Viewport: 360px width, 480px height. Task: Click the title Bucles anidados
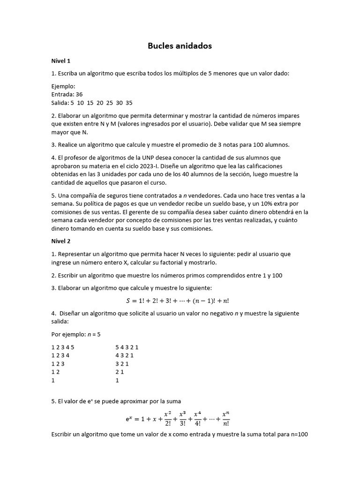click(x=180, y=46)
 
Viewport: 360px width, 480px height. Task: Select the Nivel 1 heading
click(x=61, y=61)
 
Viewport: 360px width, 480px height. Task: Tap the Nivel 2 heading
click(x=61, y=241)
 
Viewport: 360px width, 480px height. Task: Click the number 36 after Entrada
click(x=79, y=94)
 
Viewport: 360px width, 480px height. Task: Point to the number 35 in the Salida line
click(x=129, y=103)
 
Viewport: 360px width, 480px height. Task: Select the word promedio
click(x=187, y=145)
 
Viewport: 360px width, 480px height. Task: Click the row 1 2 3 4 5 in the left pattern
click(x=63, y=347)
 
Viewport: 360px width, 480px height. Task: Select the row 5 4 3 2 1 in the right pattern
click(x=127, y=347)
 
